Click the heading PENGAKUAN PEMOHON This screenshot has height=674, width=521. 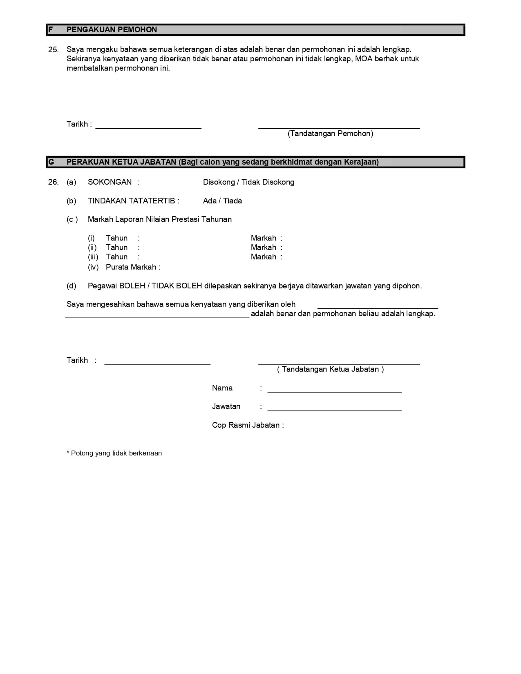pyautogui.click(x=112, y=30)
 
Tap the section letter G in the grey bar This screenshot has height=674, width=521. pyautogui.click(x=51, y=162)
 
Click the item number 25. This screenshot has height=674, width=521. pyautogui.click(x=53, y=50)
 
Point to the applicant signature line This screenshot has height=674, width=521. pyautogui.click(x=339, y=127)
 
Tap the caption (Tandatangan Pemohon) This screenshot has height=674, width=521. pyautogui.click(x=330, y=134)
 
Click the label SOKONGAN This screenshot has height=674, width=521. pyautogui.click(x=110, y=182)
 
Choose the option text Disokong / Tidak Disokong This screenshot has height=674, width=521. pyautogui.click(x=248, y=182)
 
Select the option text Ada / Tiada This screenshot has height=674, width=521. pyautogui.click(x=222, y=201)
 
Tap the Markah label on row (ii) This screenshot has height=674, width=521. pyautogui.click(x=264, y=248)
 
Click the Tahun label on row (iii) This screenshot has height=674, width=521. pyautogui.click(x=116, y=257)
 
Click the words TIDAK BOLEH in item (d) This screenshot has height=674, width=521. pyautogui.click(x=177, y=286)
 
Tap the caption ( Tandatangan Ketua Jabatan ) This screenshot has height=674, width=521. pyautogui.click(x=330, y=369)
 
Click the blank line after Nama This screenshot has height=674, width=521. pyautogui.click(x=334, y=391)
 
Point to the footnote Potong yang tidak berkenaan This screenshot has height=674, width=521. pyautogui.click(x=116, y=453)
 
